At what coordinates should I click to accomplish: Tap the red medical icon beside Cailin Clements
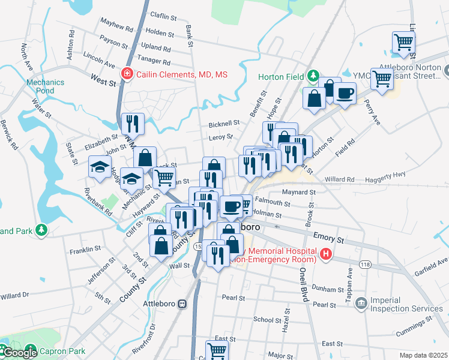[127, 74]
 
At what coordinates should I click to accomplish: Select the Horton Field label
[282, 77]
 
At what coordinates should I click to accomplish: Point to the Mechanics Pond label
[45, 87]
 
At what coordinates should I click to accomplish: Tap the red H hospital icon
[326, 254]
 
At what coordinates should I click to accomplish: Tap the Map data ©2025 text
[423, 355]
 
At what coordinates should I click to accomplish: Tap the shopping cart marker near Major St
[217, 350]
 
